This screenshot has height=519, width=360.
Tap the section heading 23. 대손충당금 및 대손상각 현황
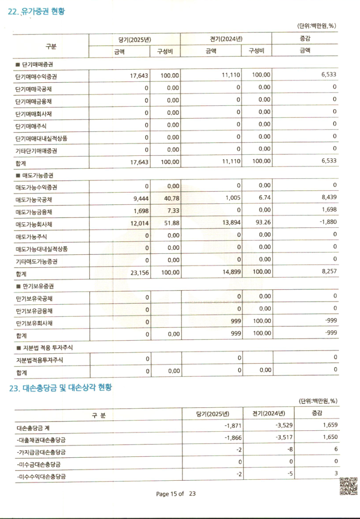pyautogui.click(x=61, y=388)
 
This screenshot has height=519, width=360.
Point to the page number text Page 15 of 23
pyautogui.click(x=176, y=494)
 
